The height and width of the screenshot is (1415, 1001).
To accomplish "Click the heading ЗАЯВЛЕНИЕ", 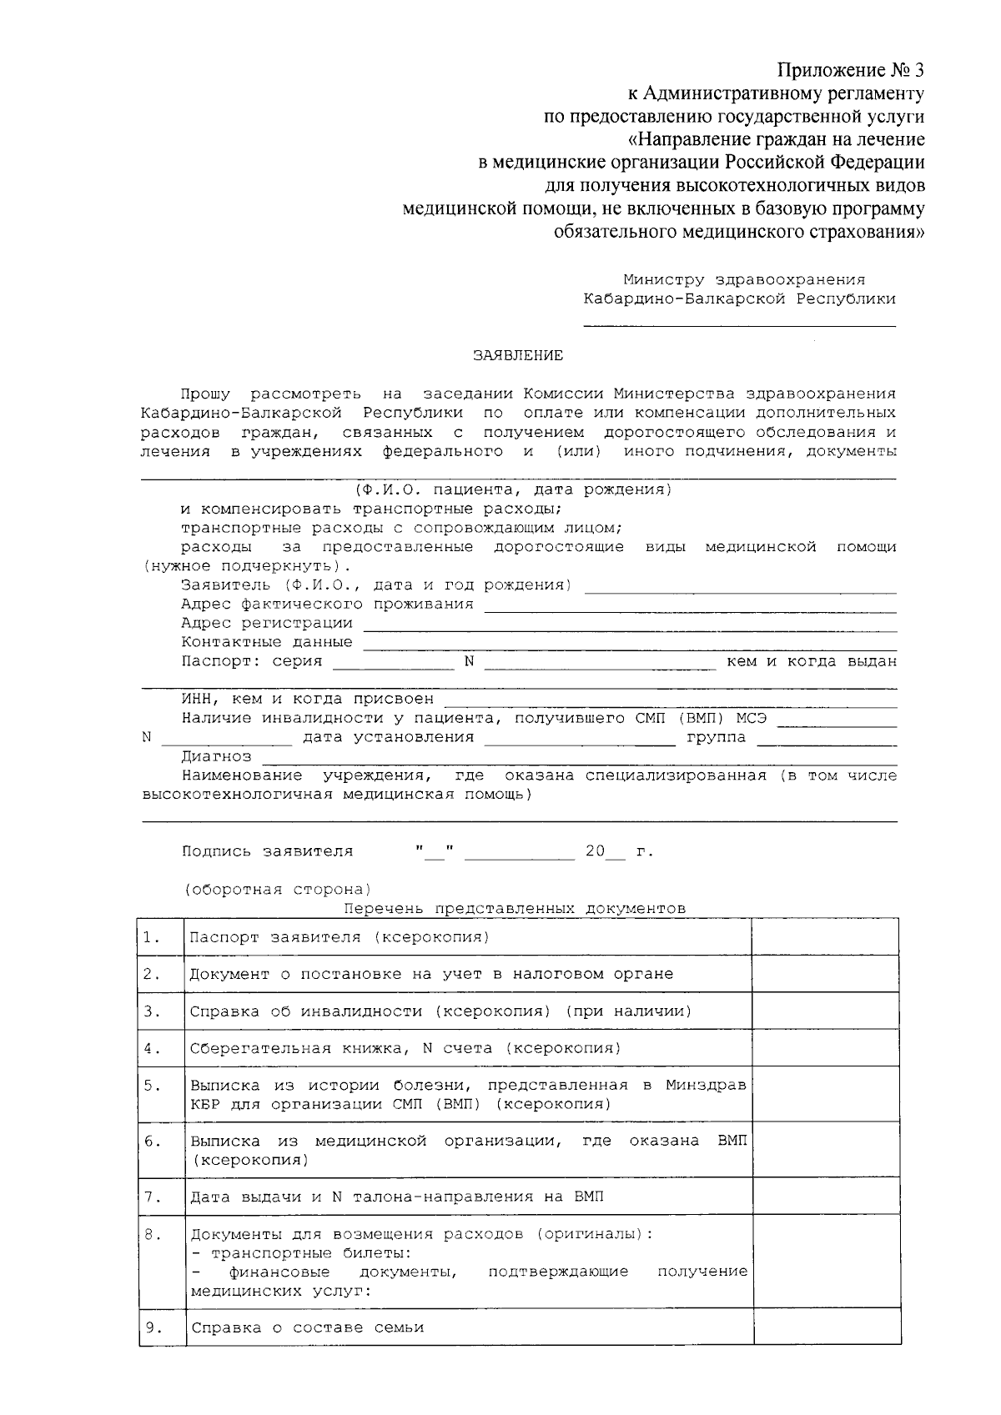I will point(518,356).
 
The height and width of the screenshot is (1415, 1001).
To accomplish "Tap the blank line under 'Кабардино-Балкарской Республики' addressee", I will point(739,325).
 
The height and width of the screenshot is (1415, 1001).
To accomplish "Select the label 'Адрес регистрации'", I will point(267,623).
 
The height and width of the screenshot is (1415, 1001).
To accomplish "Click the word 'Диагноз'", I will point(216,756).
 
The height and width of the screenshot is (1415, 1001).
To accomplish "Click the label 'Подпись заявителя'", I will point(267,851).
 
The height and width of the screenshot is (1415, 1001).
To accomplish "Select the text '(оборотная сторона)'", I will point(278,889).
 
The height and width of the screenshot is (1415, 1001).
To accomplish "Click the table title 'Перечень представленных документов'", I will point(514,908).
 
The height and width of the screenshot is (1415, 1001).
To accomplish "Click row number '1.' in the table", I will point(152,937).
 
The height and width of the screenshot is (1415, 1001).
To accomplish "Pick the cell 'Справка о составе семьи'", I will point(307,1327).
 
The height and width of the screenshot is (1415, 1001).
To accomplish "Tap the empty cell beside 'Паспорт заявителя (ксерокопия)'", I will point(825,937).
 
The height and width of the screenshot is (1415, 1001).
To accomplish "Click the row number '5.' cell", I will point(152,1086).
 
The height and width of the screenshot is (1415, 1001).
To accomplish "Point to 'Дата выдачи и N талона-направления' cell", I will point(397,1197).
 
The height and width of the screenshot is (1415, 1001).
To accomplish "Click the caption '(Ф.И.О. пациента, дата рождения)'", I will point(512,489).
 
